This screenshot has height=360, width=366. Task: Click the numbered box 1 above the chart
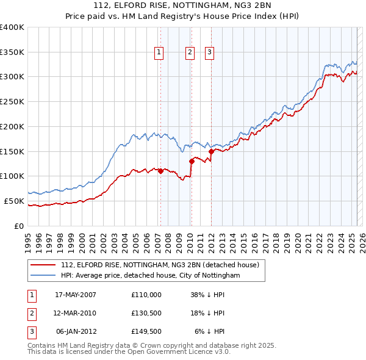159,53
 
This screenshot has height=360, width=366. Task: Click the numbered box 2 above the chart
190,53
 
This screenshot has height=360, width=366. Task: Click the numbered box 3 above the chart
209,53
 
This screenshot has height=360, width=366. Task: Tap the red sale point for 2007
160,171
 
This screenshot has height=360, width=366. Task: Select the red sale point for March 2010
191,161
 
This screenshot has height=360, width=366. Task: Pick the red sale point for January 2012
211,151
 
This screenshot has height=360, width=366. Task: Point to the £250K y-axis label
12,102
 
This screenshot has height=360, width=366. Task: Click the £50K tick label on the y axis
14,201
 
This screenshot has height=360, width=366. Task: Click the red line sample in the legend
43,265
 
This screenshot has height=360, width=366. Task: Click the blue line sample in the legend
43,276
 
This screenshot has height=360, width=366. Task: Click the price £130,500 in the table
146,313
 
